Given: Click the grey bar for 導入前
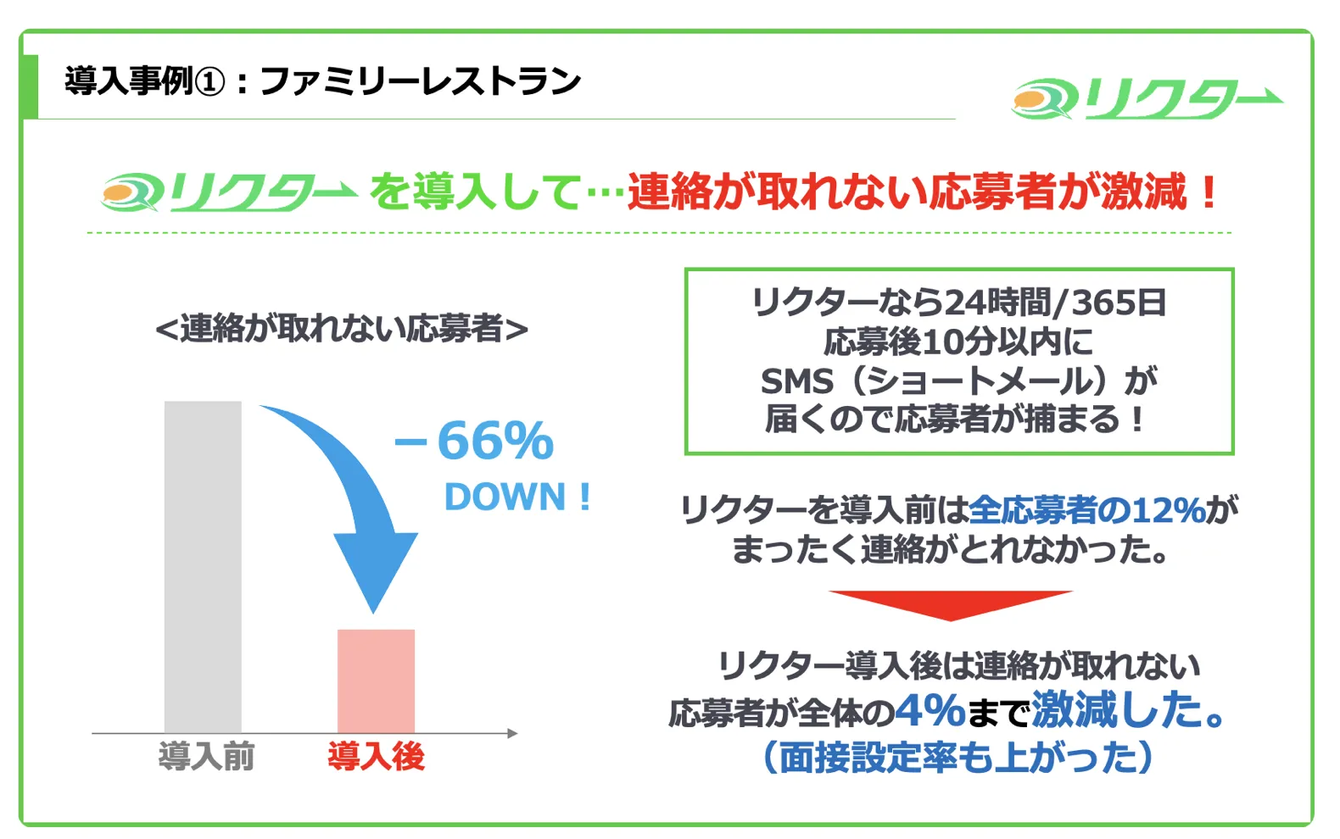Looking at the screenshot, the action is click(203, 566).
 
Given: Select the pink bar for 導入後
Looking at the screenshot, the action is click(376, 681).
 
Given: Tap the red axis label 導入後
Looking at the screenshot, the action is click(376, 757).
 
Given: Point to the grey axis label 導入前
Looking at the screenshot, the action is click(206, 757).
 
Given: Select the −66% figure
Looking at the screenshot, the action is click(474, 441).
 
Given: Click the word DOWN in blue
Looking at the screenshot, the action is click(505, 497).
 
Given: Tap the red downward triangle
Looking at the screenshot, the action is click(951, 603).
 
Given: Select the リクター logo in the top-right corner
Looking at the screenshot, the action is click(1147, 99).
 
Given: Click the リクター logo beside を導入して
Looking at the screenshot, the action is click(230, 192).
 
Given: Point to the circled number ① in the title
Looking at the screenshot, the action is click(210, 82).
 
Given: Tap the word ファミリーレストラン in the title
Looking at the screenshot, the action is click(421, 81).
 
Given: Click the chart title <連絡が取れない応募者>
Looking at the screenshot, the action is click(342, 329).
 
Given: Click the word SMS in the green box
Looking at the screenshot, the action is click(797, 381).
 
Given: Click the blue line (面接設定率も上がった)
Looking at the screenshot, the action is click(958, 757).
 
